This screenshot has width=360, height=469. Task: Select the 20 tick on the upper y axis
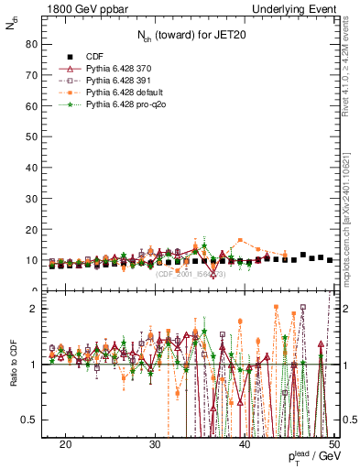(35, 229)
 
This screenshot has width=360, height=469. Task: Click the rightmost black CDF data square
(330, 260)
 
